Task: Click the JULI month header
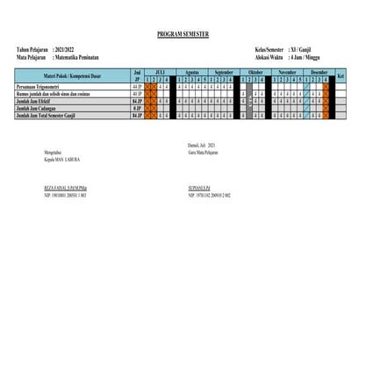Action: (x=159, y=72)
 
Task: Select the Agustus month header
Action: (x=194, y=72)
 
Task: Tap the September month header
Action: (x=224, y=72)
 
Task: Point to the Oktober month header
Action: (x=255, y=72)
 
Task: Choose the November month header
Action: (x=287, y=72)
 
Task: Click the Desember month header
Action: (x=319, y=72)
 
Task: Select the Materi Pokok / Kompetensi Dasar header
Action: (x=68, y=75)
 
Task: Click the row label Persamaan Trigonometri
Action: (x=42, y=88)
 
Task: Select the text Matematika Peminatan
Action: (x=85, y=56)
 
